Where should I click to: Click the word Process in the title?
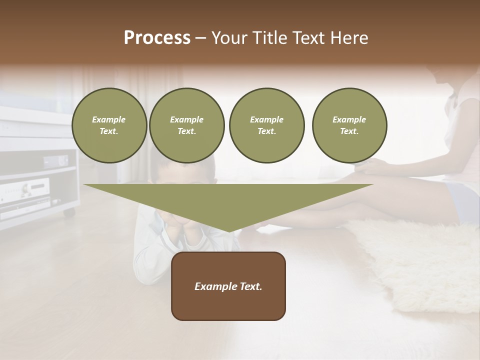[x=157, y=38]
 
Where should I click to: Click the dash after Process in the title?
[x=200, y=38]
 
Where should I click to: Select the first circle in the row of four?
[x=109, y=125]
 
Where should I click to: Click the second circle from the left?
[x=186, y=125]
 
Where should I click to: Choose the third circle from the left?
[x=266, y=125]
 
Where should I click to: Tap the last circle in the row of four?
[x=349, y=125]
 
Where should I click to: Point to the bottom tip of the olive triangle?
[x=228, y=231]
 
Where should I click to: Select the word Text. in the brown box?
[x=251, y=286]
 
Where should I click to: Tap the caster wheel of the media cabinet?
[x=69, y=212]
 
